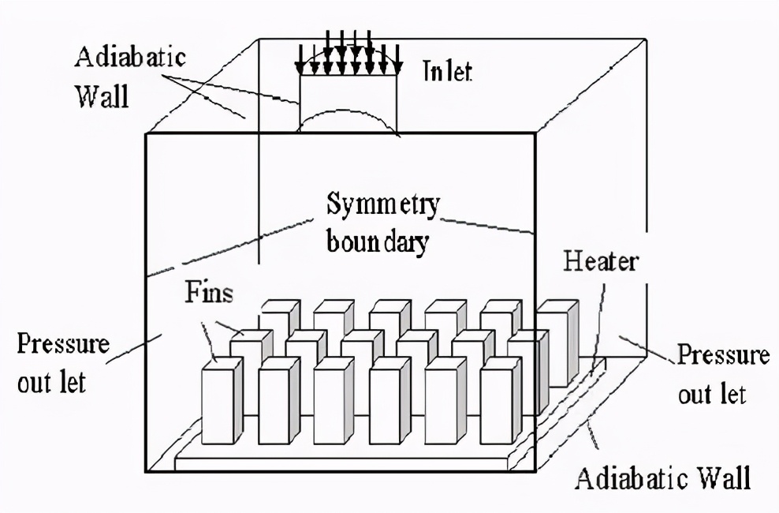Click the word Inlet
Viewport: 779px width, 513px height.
pos(447,73)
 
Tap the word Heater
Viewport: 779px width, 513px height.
pos(599,261)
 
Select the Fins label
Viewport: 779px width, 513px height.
pos(210,294)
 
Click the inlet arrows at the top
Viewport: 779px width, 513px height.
pos(348,51)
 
